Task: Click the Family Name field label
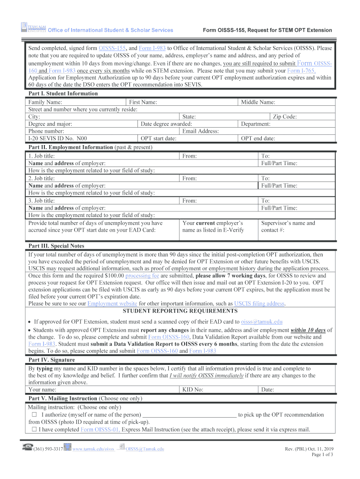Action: pyautogui.click(x=45, y=102)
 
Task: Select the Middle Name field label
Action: pyautogui.click(x=258, y=102)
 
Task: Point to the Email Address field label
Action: pyautogui.click(x=201, y=131)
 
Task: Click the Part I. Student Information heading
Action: pyautogui.click(x=63, y=94)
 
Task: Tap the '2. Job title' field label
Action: pyautogui.click(x=42, y=178)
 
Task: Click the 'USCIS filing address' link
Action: pyautogui.click(x=263, y=304)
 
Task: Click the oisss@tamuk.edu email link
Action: pyautogui.click(x=261, y=322)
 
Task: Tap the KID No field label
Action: pyautogui.click(x=193, y=389)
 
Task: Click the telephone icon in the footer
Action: pyautogui.click(x=27, y=448)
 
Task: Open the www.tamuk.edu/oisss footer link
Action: pyautogui.click(x=94, y=449)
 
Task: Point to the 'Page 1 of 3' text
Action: pyautogui.click(x=322, y=455)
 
